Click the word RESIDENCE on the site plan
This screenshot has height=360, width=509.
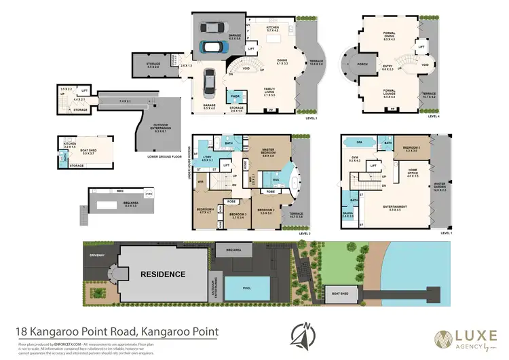pos(162,274)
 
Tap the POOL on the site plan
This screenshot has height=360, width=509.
pos(246,289)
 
